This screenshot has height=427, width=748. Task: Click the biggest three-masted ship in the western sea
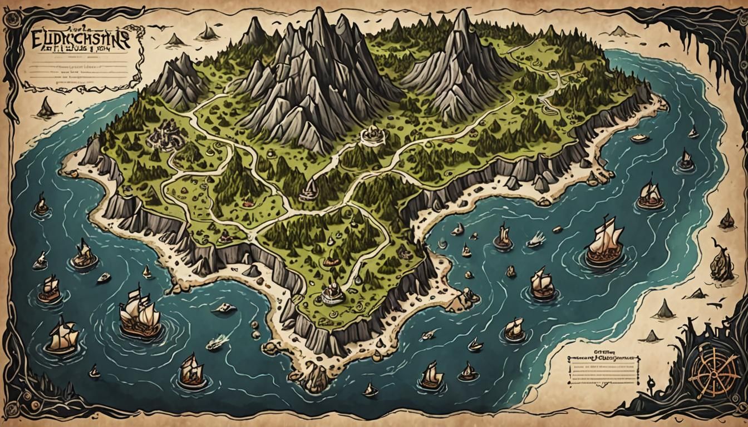pyautogui.click(x=139, y=314)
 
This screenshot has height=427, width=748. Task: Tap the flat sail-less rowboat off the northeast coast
pyautogui.click(x=640, y=138)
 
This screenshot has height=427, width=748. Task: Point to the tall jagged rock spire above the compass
pyautogui.click(x=722, y=261)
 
